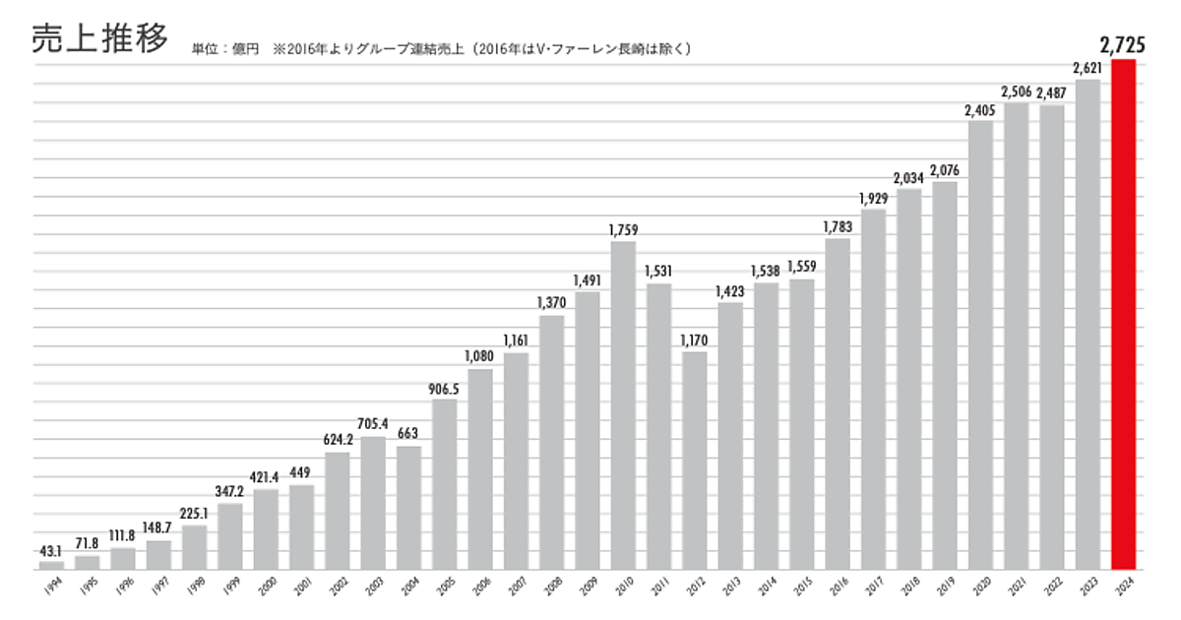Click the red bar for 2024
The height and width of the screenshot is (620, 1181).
1123,315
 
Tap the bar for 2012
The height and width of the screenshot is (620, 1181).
695,461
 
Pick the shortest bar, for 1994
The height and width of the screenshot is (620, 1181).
51,565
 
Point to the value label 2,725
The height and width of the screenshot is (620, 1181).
1123,43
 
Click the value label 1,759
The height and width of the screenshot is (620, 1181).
623,229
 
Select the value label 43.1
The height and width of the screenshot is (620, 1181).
51,550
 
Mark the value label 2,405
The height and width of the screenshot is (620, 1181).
980,109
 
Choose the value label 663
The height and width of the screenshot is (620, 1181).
408,434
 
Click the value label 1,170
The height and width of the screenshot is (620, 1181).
695,340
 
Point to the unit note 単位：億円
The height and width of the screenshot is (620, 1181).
225,48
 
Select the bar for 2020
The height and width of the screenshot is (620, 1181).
980,344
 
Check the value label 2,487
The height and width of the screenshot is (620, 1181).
1052,93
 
